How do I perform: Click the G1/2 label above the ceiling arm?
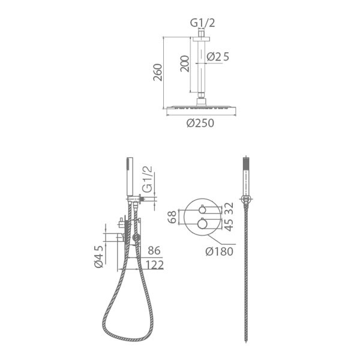pyautogui.click(x=203, y=23)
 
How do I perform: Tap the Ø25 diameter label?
pyautogui.click(x=218, y=57)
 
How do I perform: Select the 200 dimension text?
pyautogui.click(x=185, y=64)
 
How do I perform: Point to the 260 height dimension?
pyautogui.click(x=158, y=73)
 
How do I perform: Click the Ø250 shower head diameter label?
pyautogui.click(x=200, y=123)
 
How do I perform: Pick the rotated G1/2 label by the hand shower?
pyautogui.click(x=147, y=179)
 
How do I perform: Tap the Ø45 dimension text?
pyautogui.click(x=99, y=256)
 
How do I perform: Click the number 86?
pyautogui.click(x=154, y=250)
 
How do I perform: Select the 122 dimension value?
pyautogui.click(x=155, y=265)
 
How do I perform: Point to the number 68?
pyautogui.click(x=172, y=217)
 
